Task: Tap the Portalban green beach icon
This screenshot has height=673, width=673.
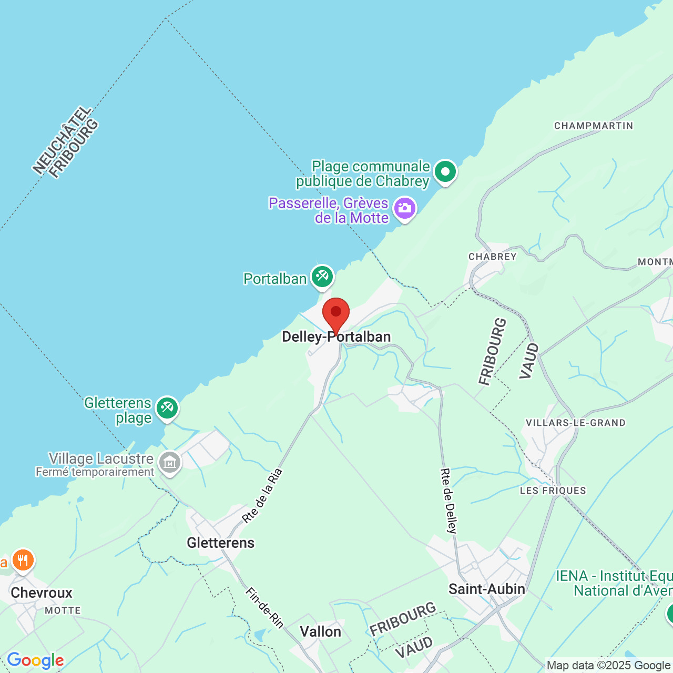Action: (x=322, y=277)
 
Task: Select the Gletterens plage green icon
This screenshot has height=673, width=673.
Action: (x=167, y=408)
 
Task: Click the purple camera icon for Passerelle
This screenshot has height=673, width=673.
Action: (x=405, y=209)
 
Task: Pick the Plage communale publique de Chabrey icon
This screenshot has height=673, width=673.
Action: (x=445, y=172)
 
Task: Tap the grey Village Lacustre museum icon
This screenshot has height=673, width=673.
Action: (x=170, y=463)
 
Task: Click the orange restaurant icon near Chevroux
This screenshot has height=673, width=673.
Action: (x=23, y=560)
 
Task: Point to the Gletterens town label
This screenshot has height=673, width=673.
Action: (x=221, y=543)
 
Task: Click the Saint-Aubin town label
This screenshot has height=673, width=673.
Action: (x=487, y=589)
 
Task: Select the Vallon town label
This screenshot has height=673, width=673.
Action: (x=321, y=631)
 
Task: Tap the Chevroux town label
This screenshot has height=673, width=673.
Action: (x=42, y=593)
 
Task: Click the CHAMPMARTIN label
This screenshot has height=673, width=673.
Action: (x=594, y=126)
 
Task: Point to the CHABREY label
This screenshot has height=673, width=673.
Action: (x=493, y=257)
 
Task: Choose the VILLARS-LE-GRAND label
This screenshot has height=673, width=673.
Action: (x=576, y=423)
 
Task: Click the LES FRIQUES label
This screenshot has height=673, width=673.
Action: (x=553, y=491)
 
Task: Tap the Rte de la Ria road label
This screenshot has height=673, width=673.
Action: (x=262, y=496)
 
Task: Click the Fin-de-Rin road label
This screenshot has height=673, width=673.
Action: (x=265, y=608)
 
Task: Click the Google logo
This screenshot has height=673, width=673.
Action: (x=35, y=660)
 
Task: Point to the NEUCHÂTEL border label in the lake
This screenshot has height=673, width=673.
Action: (x=62, y=139)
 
